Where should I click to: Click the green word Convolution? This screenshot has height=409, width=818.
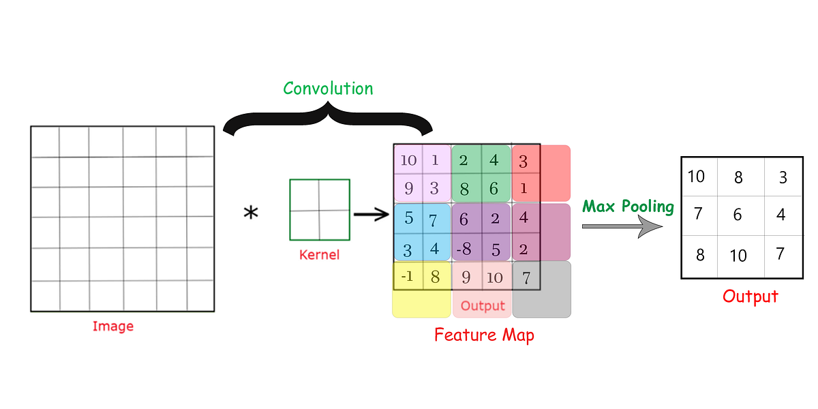pos(328,89)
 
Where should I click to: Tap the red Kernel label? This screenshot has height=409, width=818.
pos(319,256)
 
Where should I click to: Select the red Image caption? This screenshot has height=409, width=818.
pos(113,326)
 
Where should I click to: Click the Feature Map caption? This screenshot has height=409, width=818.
pos(484,335)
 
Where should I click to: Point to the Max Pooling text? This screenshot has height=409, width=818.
pos(628,207)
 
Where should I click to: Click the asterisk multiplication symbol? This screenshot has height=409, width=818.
pos(251,214)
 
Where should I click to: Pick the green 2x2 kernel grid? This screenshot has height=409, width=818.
pos(320,210)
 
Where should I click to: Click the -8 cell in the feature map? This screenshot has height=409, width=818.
pos(464,248)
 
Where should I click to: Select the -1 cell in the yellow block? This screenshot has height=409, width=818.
pos(407,277)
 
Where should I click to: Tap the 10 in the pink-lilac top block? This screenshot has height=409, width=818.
pos(408,161)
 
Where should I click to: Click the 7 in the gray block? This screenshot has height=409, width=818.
pos(526,278)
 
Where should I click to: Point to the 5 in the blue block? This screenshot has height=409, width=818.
pos(408,219)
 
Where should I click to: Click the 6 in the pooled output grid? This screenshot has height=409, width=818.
pos(737,215)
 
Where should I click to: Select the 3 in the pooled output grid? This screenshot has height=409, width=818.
pos(783,177)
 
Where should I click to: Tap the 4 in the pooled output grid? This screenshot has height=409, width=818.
pos(781,215)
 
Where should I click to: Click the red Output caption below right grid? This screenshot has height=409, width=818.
pos(751,297)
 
